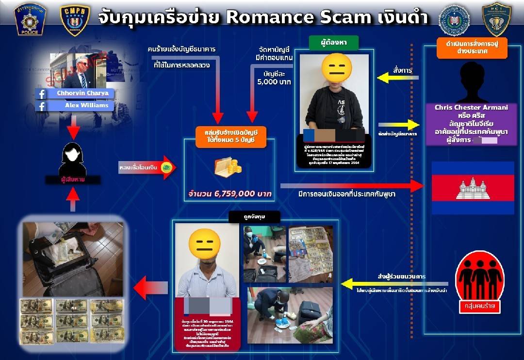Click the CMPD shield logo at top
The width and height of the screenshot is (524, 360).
[x=75, y=19]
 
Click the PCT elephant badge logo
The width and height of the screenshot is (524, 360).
[x=496, y=19]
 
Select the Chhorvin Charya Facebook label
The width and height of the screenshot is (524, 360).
[x=81, y=93]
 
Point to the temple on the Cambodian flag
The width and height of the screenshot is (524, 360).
[x=473, y=188]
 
